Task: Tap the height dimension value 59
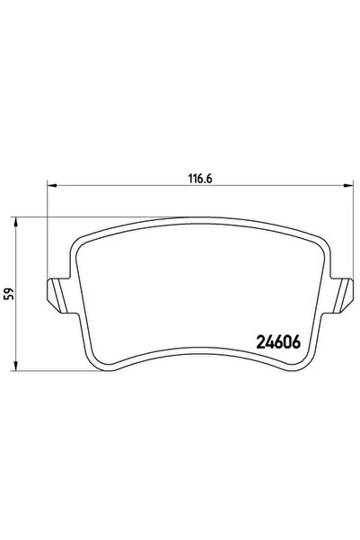7,293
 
